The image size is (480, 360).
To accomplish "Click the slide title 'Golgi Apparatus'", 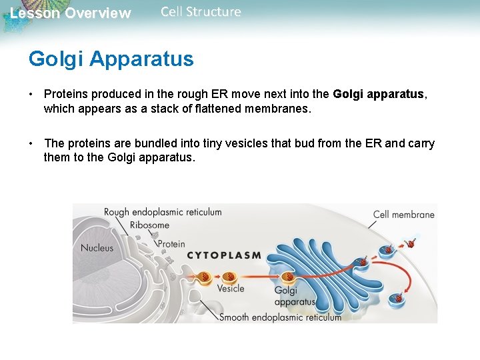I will (111, 59).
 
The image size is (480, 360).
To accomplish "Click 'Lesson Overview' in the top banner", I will (70, 13).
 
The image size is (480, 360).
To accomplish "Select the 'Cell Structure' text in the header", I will (201, 12).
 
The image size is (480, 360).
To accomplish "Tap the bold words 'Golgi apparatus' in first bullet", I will (378, 95).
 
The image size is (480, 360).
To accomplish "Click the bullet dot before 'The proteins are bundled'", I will (31, 144).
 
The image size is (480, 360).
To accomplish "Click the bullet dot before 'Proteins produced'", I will (31, 95).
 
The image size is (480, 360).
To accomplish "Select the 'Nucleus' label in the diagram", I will (97, 248).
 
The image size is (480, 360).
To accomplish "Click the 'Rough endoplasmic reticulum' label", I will (163, 212).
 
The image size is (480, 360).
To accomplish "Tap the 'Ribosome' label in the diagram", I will (149, 225).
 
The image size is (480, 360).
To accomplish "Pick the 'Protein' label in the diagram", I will (171, 244).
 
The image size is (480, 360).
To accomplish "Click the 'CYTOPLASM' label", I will (223, 255).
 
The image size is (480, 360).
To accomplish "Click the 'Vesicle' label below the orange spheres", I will (231, 289).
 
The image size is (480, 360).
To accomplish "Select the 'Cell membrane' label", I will (403, 215).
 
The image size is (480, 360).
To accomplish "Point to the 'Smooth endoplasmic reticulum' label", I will (280, 317).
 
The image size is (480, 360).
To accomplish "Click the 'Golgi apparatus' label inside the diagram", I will (294, 296).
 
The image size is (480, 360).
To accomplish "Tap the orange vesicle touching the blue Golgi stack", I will (289, 276).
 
